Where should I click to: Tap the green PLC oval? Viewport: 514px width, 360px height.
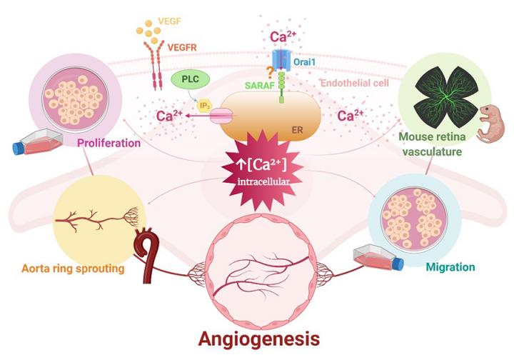point(187,80)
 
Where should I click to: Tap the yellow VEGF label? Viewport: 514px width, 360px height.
point(181,21)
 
